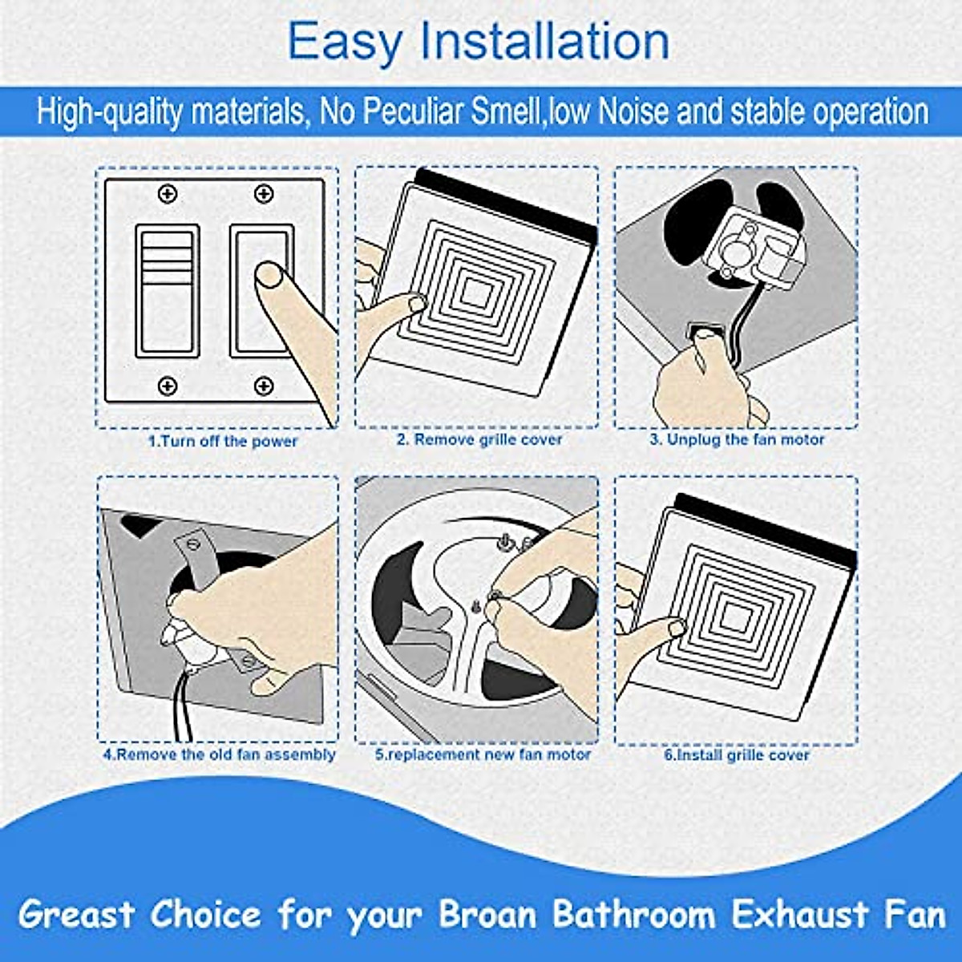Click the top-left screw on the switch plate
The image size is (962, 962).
tap(168, 194)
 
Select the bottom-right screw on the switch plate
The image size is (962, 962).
tap(263, 386)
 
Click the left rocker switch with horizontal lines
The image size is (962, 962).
tap(167, 290)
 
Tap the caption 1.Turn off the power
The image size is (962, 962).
tap(223, 442)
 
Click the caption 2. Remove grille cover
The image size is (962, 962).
tap(479, 440)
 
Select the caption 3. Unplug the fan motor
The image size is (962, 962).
tap(737, 440)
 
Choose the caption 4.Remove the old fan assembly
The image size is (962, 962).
tap(219, 755)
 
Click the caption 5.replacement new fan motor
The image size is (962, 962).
tap(483, 755)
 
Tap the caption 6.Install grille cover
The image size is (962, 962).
tap(737, 755)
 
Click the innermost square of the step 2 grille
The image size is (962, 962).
tap(475, 295)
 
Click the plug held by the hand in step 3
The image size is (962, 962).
tap(706, 331)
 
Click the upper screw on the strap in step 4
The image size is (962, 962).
tap(192, 544)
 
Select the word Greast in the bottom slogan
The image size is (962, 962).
tap(77, 915)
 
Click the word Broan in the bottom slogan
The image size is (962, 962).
tap(490, 915)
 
